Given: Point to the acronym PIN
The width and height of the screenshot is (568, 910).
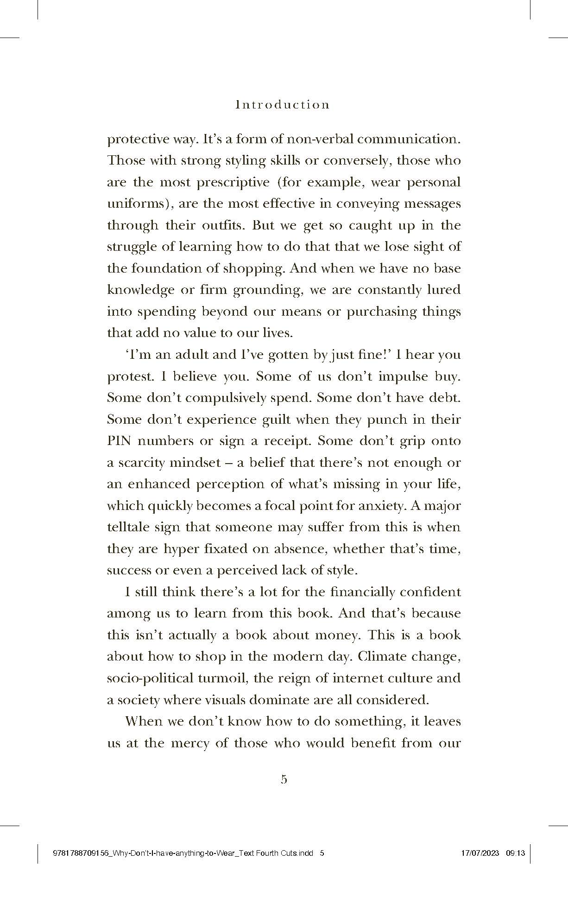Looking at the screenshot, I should point(120,441).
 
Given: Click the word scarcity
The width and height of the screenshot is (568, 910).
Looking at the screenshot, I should point(139,463).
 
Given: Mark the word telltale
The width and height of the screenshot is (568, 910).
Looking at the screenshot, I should point(127,527).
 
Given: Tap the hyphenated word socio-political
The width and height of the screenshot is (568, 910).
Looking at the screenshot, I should point(150,678).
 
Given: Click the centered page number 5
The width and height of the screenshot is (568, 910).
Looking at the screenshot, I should point(284,779).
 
